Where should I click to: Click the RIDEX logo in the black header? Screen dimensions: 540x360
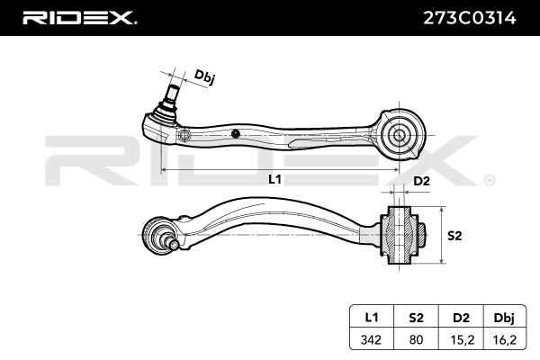pyautogui.click(x=79, y=18)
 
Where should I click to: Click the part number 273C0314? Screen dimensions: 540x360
pyautogui.click(x=470, y=18)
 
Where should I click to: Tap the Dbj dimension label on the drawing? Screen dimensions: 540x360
pyautogui.click(x=205, y=76)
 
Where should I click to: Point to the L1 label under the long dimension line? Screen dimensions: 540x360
pyautogui.click(x=274, y=179)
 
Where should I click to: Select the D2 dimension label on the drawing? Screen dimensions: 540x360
pyautogui.click(x=421, y=181)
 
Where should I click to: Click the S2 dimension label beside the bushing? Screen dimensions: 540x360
pyautogui.click(x=454, y=236)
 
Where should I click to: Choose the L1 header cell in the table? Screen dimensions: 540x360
pyautogui.click(x=371, y=317)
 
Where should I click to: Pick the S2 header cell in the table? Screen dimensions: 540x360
pyautogui.click(x=416, y=317)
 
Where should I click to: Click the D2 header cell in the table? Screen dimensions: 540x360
pyautogui.click(x=461, y=317)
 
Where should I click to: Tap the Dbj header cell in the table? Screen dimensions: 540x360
pyautogui.click(x=504, y=318)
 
